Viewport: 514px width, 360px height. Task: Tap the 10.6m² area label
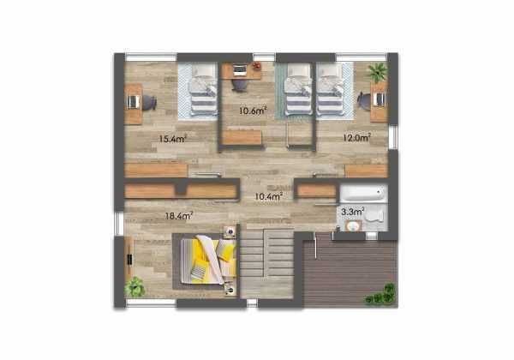pyautogui.click(x=253, y=110)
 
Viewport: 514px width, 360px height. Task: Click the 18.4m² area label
pyautogui.click(x=178, y=216)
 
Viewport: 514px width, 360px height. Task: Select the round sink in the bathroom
pyautogui.click(x=350, y=225)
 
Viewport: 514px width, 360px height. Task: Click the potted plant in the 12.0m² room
pyautogui.click(x=377, y=71)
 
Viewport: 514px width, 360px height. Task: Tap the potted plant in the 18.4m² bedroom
pyautogui.click(x=134, y=286)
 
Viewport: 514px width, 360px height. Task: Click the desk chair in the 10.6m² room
pyautogui.click(x=241, y=85)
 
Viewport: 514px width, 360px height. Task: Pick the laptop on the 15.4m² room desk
pyautogui.click(x=133, y=102)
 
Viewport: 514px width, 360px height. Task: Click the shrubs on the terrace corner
pyautogui.click(x=381, y=295)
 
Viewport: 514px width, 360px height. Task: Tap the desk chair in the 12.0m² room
pyautogui.click(x=365, y=100)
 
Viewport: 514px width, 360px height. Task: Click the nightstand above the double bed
pyautogui.click(x=230, y=231)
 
